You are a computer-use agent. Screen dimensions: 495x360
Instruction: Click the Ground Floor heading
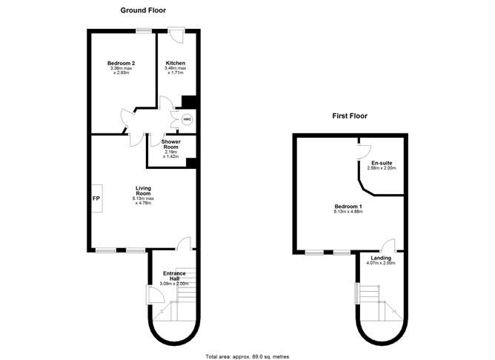pos(143,10)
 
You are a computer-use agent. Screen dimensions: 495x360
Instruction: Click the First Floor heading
pos(350,116)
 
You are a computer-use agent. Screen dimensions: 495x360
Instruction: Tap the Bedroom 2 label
pos(122,63)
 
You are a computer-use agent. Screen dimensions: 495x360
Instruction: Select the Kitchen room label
pos(176,63)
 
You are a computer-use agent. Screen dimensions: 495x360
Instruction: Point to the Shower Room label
pos(170,144)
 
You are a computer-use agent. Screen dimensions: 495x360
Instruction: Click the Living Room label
pos(143,190)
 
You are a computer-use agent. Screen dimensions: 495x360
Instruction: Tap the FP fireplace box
pos(97,198)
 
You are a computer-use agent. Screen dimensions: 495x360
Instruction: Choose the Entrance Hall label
pos(174,276)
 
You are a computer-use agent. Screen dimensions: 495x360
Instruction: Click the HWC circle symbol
pos(187,119)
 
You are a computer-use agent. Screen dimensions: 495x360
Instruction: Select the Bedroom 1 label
pos(348,207)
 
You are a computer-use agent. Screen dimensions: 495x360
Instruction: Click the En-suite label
pos(382,163)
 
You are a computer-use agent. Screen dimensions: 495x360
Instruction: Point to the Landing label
pos(381,258)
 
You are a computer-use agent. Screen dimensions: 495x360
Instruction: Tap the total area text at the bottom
pos(247,356)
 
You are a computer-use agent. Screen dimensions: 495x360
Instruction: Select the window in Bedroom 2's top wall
pos(144,30)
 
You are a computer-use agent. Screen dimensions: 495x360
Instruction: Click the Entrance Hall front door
pos(155,295)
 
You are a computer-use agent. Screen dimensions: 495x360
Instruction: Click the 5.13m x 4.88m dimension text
pos(348,211)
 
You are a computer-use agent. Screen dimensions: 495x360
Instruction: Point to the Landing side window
pos(357,293)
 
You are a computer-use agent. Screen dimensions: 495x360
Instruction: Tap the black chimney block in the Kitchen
pos(189,102)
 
